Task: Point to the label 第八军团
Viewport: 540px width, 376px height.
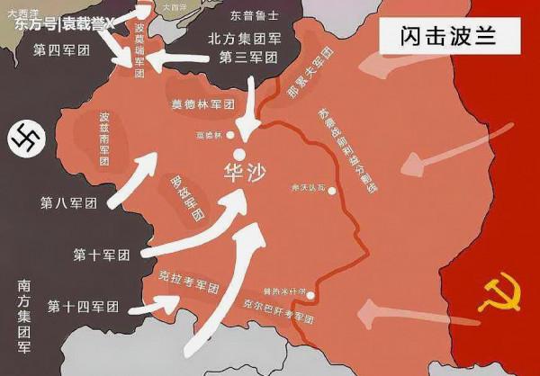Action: (x=67, y=203)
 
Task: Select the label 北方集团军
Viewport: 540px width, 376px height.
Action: (x=243, y=39)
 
